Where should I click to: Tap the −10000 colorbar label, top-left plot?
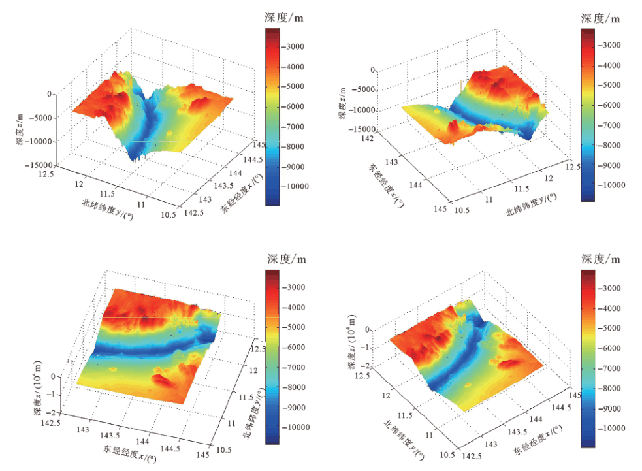pos(299,187)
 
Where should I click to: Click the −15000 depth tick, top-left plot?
pos(39,165)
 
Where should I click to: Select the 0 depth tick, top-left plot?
pos(49,94)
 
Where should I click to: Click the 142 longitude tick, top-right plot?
pos(370,138)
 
